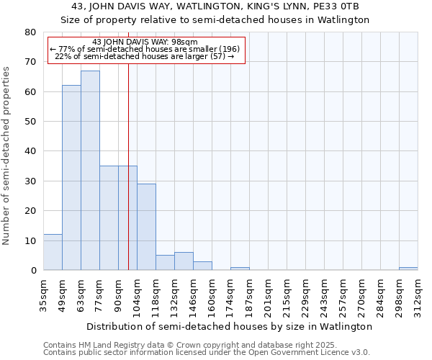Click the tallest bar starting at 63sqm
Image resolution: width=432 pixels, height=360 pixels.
pyautogui.click(x=90, y=171)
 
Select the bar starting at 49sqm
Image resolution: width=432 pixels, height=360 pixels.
pyautogui.click(x=71, y=178)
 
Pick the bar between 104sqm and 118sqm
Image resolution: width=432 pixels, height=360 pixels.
pyautogui.click(x=146, y=227)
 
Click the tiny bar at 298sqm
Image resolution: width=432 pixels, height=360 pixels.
pyautogui.click(x=408, y=269)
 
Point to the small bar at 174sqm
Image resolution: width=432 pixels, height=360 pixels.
pyautogui.click(x=240, y=269)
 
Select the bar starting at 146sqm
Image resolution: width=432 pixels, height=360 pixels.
pyautogui.click(x=202, y=266)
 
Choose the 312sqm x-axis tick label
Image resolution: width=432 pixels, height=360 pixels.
pyautogui.click(x=418, y=295)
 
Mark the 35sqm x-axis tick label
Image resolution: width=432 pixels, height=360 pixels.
pyautogui.click(x=44, y=295)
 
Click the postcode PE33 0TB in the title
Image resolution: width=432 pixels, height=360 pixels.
pyautogui.click(x=346, y=6)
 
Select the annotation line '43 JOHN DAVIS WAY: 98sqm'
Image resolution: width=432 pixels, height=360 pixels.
pyautogui.click(x=146, y=42)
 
